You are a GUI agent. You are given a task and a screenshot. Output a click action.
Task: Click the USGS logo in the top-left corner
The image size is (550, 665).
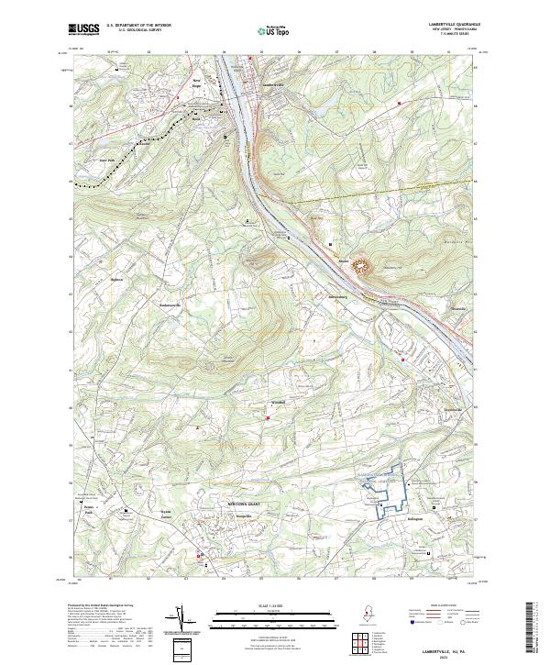(x=83, y=29)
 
